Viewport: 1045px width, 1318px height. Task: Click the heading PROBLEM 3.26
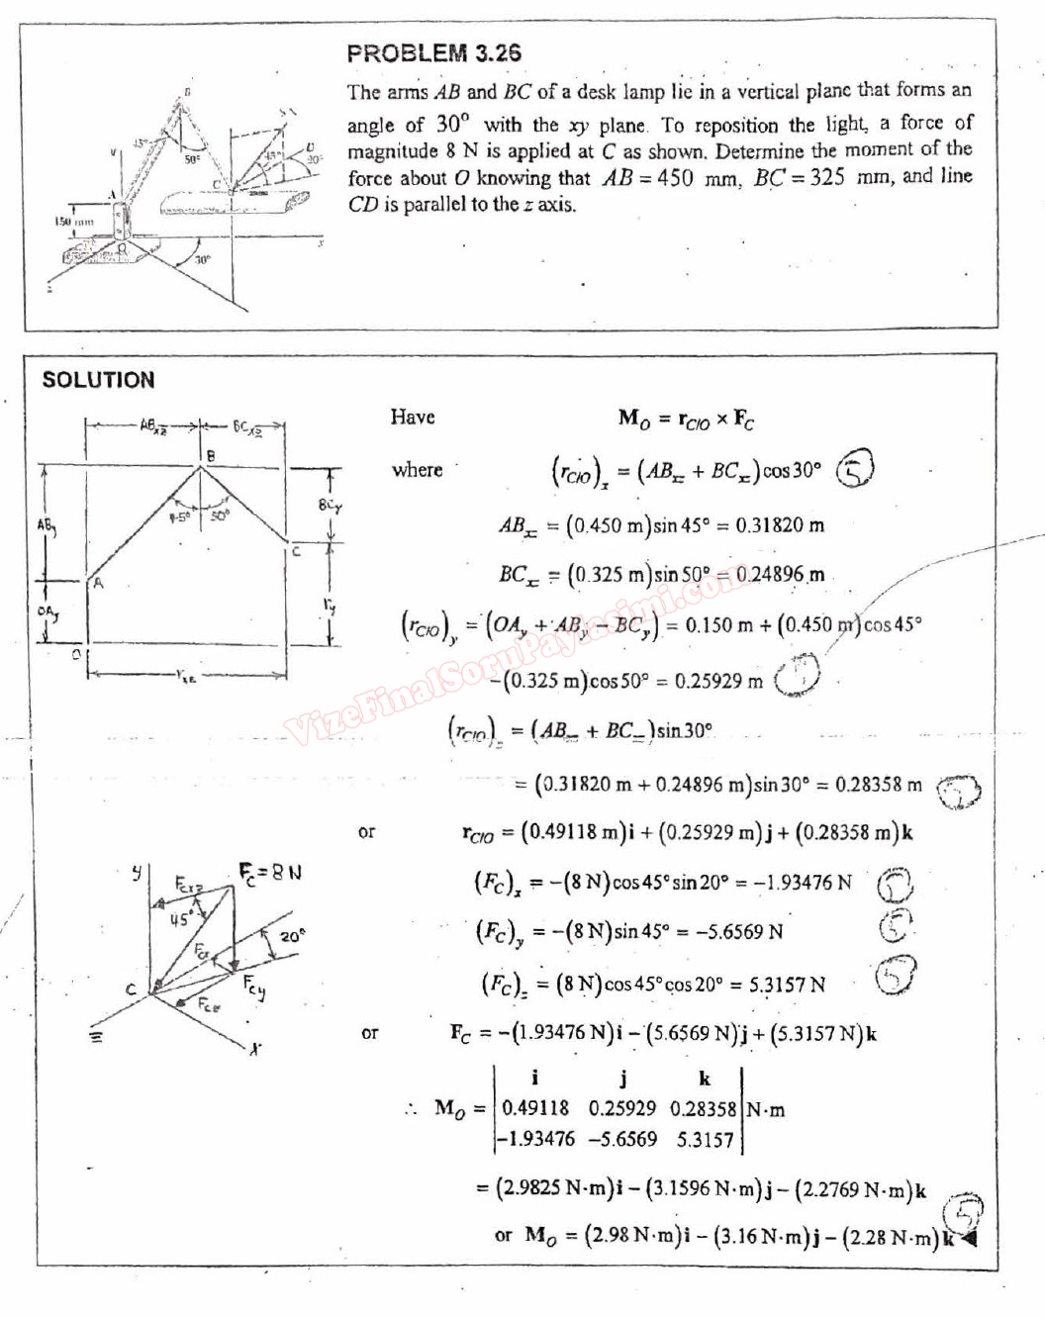point(433,53)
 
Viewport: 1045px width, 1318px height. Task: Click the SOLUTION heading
point(98,380)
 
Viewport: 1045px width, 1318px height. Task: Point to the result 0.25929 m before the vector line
point(718,681)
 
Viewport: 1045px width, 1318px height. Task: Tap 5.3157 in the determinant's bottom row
point(705,1139)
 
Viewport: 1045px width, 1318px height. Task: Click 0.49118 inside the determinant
point(535,1109)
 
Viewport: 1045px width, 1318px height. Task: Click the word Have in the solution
point(413,418)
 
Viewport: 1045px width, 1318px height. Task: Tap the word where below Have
point(417,470)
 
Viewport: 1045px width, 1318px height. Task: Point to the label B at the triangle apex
point(209,456)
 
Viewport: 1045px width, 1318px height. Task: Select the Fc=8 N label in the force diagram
point(269,872)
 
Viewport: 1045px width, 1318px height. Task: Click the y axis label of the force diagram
point(138,872)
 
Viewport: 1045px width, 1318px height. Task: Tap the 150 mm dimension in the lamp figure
point(73,223)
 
